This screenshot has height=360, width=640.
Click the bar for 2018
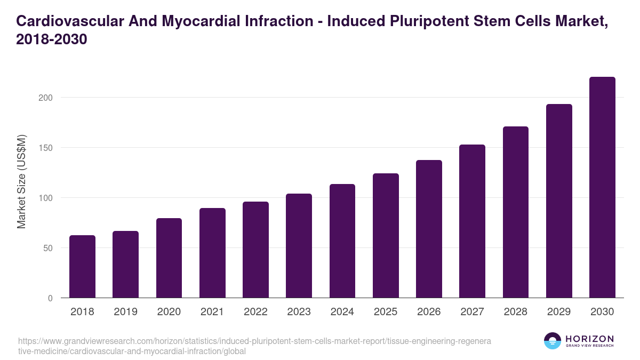point(82,267)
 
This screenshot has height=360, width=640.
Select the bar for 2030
point(602,187)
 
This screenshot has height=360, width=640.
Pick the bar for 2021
point(212,253)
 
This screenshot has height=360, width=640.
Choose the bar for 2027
point(472,221)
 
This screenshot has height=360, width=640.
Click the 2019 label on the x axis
point(125,312)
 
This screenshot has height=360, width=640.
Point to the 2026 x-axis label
point(429,312)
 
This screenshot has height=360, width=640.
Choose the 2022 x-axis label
point(255,312)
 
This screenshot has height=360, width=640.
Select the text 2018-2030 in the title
point(51,40)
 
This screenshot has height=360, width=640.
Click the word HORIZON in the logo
point(589,339)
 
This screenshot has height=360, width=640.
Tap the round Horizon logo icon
point(553,341)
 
